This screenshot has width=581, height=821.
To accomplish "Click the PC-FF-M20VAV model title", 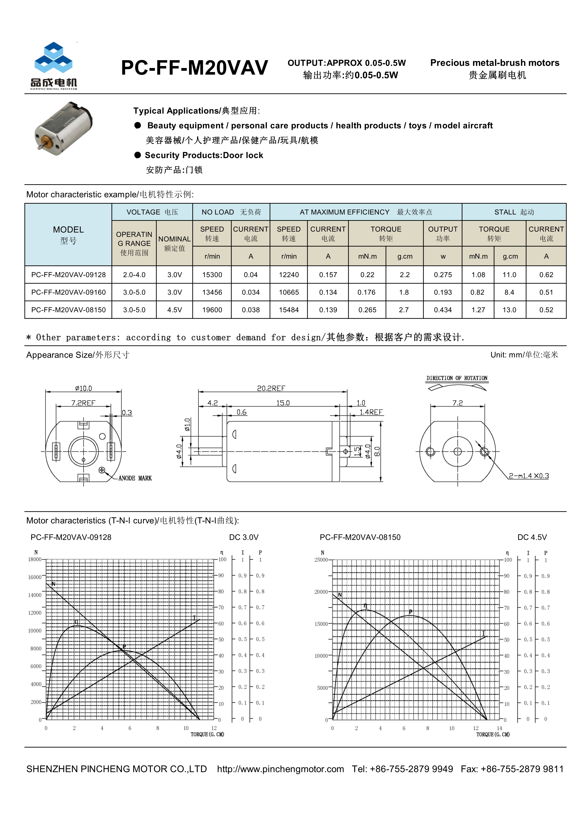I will pos(194,68).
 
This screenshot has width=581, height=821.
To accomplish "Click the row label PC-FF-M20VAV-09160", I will pos(68,292).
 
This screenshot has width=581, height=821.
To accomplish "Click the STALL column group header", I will pos(514,212).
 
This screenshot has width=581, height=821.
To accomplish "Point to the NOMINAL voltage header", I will pos(174,239).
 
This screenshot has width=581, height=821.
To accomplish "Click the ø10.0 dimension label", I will pos(83,388).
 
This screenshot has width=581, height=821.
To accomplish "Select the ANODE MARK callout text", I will pos(135,478).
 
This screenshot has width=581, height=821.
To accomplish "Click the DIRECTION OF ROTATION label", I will pos(457,378).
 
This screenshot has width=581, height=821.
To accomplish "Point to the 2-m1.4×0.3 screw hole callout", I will pos(529,475).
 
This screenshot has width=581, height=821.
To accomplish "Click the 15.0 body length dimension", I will pos(283,403).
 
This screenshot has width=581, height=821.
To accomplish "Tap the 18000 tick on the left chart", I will pos(35,559).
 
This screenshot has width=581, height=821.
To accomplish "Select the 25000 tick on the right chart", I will pos(321,560).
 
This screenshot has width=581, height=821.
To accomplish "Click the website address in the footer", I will pos(280,769).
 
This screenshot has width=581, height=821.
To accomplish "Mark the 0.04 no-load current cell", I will pos(250,275).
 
